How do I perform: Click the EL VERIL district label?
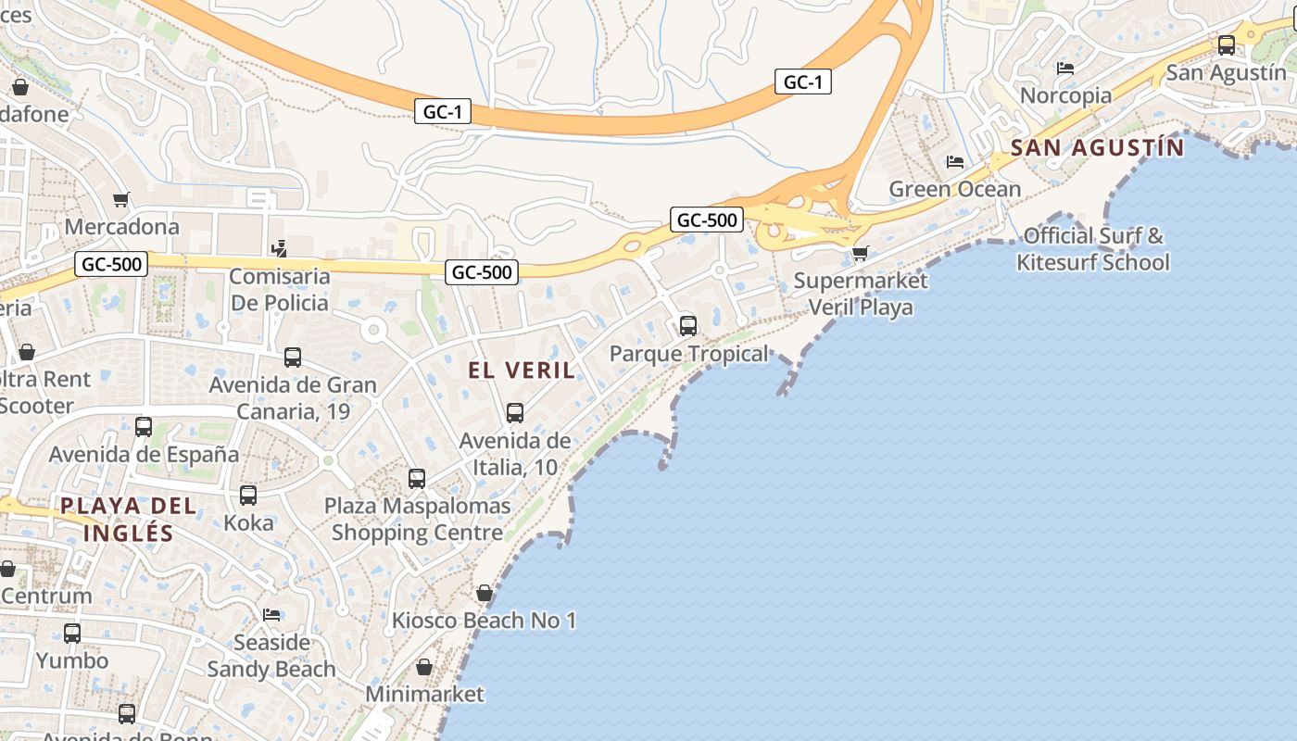click(521, 370)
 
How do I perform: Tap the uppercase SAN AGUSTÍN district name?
click(1097, 147)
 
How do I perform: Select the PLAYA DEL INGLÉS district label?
click(128, 519)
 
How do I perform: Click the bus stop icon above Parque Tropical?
click(687, 326)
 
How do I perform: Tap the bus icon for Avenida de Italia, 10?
click(515, 413)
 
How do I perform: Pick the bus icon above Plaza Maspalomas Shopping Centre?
click(417, 478)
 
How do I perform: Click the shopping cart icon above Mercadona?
click(120, 199)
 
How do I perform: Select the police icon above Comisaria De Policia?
click(278, 248)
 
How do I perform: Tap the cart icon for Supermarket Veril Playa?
click(860, 253)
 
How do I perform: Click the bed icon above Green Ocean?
click(954, 162)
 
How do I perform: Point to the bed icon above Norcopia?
click(1064, 69)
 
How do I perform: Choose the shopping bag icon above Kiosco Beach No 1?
click(484, 593)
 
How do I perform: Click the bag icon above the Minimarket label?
click(423, 667)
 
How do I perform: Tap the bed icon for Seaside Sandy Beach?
click(271, 615)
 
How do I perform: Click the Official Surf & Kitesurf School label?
click(1092, 249)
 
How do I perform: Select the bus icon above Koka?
click(248, 496)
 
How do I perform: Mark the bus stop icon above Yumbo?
click(72, 634)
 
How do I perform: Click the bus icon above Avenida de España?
click(144, 427)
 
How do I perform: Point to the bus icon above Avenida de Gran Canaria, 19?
click(293, 358)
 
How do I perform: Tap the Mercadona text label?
click(121, 227)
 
